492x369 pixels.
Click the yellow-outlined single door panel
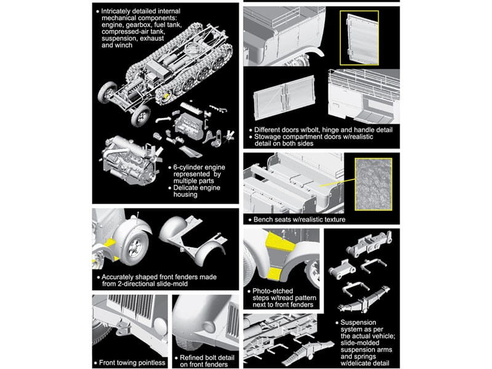(x=359, y=38)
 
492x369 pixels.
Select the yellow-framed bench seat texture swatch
(x=373, y=184)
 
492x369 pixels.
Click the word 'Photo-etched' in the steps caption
(x=272, y=291)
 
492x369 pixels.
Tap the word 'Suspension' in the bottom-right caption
(x=358, y=322)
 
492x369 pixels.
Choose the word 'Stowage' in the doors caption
(x=267, y=137)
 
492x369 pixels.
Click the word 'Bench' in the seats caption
(x=263, y=220)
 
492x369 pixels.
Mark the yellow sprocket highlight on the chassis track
(x=167, y=96)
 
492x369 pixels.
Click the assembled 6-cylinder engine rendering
(x=130, y=161)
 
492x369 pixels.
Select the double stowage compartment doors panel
(x=284, y=98)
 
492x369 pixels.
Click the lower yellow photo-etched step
(x=274, y=274)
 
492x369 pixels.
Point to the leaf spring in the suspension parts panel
(x=364, y=300)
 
